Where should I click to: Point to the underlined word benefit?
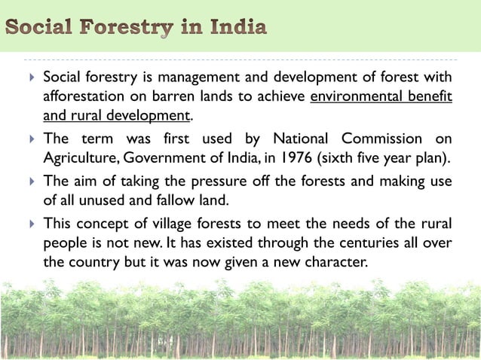point(431,97)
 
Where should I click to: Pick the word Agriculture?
point(80,157)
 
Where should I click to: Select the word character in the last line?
point(335,261)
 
